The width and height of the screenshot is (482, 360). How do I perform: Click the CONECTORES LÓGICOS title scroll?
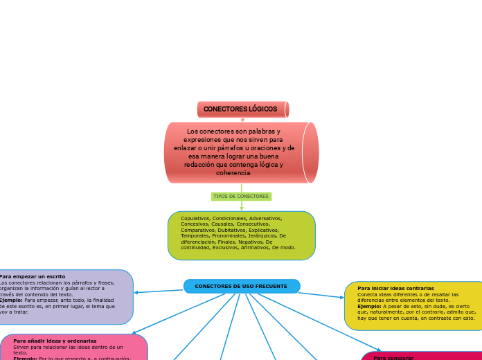(242, 109)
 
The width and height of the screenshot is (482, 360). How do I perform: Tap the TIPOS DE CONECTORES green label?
(241, 197)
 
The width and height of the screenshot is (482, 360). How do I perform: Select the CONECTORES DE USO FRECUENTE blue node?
(241, 286)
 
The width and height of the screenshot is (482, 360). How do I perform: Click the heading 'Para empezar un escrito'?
(33, 276)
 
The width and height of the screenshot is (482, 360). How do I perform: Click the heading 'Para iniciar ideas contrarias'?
(395, 288)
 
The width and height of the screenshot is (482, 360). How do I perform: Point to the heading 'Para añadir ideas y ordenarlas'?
(55, 341)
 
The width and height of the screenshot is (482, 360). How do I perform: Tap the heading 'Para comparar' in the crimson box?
(393, 358)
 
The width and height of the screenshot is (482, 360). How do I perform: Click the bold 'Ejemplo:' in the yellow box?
(370, 306)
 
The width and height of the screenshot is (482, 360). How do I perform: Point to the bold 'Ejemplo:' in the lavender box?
(10, 300)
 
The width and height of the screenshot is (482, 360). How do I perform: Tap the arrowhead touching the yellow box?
(341, 298)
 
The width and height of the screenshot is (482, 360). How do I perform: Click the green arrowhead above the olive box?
(242, 208)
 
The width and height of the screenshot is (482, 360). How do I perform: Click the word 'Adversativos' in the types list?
(265, 218)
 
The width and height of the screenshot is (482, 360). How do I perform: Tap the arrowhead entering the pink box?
(134, 333)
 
